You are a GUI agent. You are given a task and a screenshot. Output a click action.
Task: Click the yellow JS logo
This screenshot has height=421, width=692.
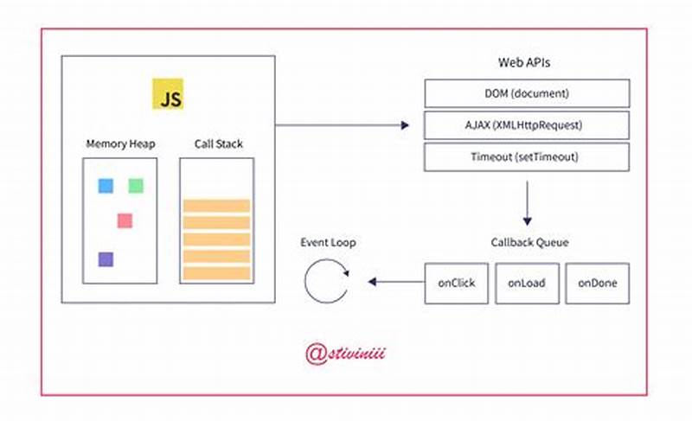coord(168,94)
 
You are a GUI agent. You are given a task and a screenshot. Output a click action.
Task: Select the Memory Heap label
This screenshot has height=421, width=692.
coord(120,144)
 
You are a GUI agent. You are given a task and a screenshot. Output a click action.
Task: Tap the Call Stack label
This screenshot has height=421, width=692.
coord(216,144)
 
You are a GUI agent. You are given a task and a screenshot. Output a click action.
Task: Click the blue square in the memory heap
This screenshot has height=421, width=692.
coord(106,185)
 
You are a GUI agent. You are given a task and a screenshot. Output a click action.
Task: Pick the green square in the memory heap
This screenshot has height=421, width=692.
coord(136,185)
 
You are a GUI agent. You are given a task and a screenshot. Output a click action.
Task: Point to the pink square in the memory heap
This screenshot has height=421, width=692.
coord(125,220)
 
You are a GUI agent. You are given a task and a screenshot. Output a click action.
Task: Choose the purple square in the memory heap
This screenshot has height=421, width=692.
coord(106,258)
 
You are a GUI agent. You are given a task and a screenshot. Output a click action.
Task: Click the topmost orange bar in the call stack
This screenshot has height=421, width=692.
coord(216,206)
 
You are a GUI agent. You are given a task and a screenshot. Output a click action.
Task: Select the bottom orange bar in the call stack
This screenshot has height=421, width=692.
coord(216,273)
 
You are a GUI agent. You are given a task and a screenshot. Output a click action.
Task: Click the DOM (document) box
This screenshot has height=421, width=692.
coord(526,92)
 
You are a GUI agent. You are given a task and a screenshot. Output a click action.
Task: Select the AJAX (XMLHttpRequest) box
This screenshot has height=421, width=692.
coord(526,125)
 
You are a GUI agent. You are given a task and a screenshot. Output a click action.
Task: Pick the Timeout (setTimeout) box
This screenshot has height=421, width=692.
coord(526,157)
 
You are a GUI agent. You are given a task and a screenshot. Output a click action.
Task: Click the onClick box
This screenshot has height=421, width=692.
coord(456,283)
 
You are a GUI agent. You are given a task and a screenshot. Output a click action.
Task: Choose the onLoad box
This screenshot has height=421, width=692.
coord(526,283)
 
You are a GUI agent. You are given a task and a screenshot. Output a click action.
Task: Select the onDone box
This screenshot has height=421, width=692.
coord(597,283)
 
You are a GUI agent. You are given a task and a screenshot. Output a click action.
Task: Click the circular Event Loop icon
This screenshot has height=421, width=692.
coord(326,282)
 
